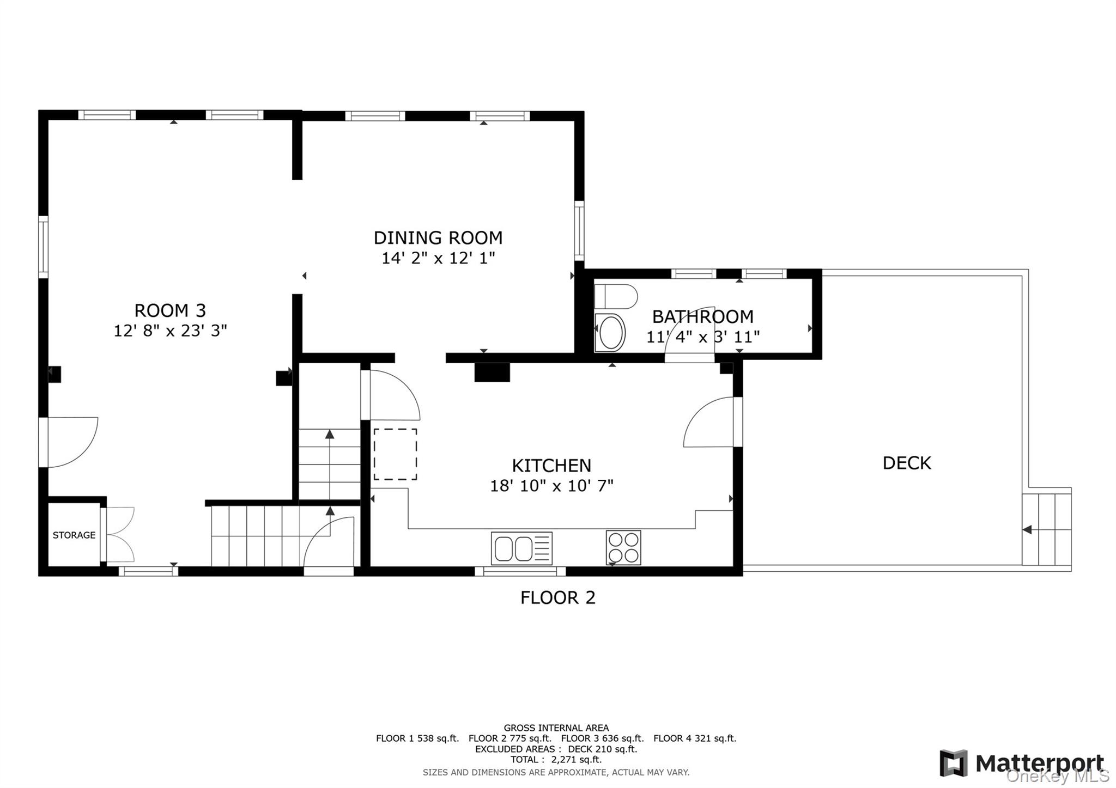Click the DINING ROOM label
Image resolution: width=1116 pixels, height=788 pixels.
[438, 238]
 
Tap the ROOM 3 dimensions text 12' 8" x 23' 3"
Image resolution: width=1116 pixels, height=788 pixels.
[170, 331]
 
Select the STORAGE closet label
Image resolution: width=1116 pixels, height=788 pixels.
[74, 535]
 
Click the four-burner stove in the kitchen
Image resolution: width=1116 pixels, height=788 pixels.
[623, 547]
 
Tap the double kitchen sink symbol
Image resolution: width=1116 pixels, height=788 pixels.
[521, 548]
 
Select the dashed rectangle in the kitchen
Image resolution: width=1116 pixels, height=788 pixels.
[395, 454]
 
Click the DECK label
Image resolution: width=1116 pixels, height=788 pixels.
[907, 463]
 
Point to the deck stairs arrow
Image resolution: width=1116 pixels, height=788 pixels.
[1027, 529]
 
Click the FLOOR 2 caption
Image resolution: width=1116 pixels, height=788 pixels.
[557, 598]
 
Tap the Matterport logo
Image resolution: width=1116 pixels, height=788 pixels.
[1022, 763]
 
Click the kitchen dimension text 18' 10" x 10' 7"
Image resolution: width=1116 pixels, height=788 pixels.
[551, 485]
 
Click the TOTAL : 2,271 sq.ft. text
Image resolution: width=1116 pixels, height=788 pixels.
[556, 760]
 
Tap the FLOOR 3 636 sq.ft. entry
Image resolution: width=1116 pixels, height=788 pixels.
[602, 738]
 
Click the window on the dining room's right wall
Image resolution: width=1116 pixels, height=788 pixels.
[579, 231]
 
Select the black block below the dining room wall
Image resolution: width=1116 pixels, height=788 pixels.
[492, 372]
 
